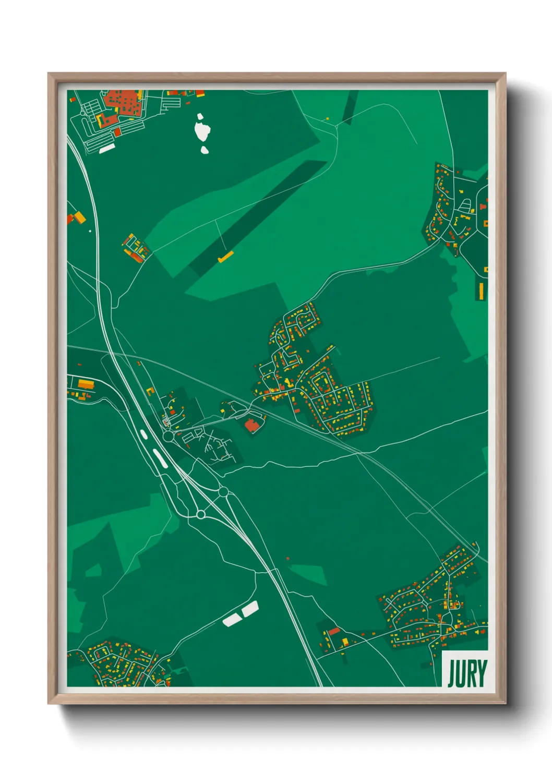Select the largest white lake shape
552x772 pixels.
pyautogui.click(x=202, y=130)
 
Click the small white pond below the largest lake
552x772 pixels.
pyautogui.click(x=205, y=150)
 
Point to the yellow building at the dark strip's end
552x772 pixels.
pyautogui.click(x=226, y=257)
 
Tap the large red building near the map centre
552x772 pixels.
pyautogui.click(x=253, y=425)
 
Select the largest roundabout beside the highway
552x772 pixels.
pyautogui.click(x=168, y=436)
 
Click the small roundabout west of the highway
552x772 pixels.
pyautogui.click(x=200, y=515)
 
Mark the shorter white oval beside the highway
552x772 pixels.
pyautogui.click(x=143, y=433)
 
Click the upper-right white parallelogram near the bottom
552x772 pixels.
pyautogui.click(x=250, y=608)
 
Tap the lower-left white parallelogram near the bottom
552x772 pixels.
pyautogui.click(x=231, y=620)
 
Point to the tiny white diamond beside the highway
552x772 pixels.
pyautogui.click(x=90, y=231)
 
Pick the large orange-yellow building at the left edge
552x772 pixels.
pyautogui.click(x=86, y=384)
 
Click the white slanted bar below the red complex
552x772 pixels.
pyautogui.click(x=106, y=149)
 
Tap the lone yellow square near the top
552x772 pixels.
pyautogui.click(x=328, y=118)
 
